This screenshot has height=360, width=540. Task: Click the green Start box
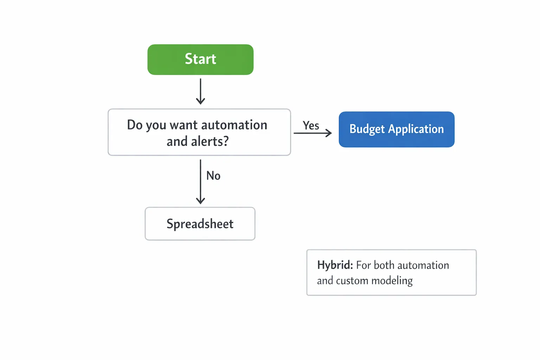coord(200,59)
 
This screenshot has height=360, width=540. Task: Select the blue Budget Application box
coord(396,129)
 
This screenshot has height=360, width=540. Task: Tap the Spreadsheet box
coord(200,224)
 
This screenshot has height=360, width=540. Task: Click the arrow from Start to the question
coord(200,91)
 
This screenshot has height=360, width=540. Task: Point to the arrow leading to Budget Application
coord(313,133)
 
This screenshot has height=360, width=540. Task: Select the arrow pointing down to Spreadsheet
coord(200,182)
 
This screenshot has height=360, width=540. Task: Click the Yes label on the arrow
coord(311,125)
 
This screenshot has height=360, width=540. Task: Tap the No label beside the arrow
coord(213,175)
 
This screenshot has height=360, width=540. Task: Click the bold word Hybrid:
coord(335,265)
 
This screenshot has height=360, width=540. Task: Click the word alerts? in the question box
coord(210,141)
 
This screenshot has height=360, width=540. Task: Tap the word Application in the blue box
coord(416,129)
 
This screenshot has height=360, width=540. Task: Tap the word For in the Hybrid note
coord(364,265)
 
